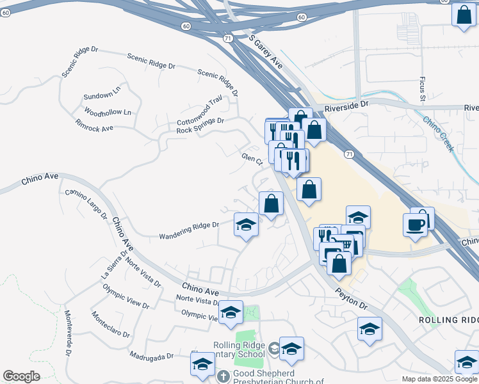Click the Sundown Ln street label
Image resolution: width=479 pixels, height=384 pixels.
(102, 95)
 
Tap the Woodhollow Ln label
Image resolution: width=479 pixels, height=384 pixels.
(107, 113)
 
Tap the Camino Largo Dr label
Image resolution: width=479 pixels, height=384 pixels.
(86, 204)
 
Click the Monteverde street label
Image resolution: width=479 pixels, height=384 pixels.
(68, 332)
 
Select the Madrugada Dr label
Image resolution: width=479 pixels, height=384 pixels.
(151, 356)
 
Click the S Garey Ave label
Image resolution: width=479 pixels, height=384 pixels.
(266, 52)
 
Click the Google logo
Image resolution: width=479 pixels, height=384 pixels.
(21, 376)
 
